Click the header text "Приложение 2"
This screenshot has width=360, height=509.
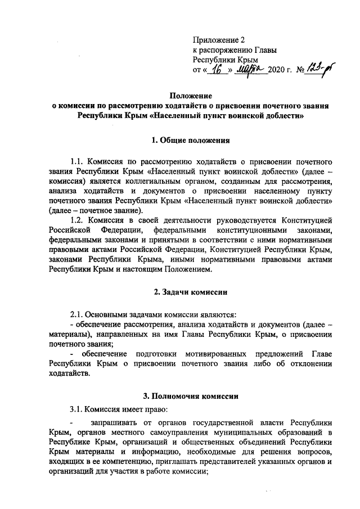click(219, 40)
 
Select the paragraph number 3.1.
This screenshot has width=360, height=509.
click(77, 409)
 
